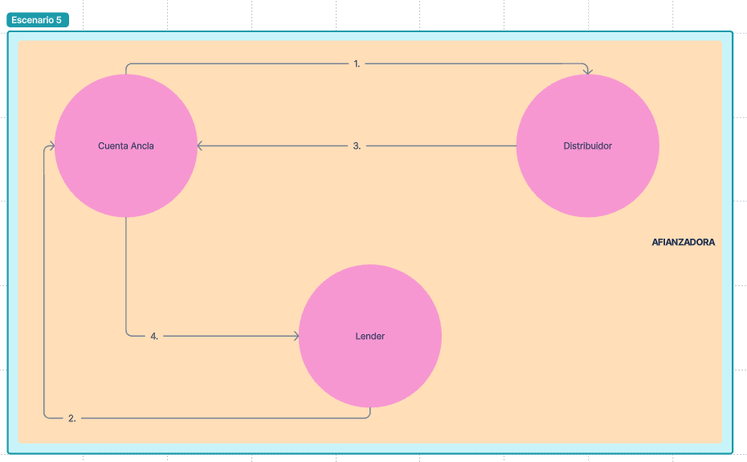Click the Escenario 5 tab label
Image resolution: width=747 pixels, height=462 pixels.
click(37, 20)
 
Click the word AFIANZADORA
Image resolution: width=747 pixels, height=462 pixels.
click(683, 242)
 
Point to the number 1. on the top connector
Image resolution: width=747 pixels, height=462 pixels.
click(357, 63)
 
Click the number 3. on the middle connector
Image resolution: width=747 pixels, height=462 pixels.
click(357, 146)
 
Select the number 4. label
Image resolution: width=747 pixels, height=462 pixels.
click(154, 336)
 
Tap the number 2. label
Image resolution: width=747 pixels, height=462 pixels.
click(72, 418)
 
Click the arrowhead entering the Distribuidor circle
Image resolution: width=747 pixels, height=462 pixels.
click(588, 72)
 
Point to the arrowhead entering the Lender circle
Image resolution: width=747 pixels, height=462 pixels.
click(295, 336)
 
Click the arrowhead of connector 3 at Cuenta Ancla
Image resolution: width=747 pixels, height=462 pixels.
click(201, 146)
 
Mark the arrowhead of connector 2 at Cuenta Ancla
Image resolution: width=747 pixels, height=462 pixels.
click(51, 146)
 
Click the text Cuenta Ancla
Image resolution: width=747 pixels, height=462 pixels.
click(126, 146)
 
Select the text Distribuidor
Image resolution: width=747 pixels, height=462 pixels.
click(587, 146)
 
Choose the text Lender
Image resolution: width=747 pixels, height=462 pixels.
click(369, 336)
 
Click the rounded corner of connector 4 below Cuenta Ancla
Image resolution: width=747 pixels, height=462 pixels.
click(128, 334)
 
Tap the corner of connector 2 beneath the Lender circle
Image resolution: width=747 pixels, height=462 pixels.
click(369, 416)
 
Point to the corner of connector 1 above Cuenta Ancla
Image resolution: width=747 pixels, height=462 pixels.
click(128, 65)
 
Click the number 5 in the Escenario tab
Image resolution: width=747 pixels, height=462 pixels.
click(59, 20)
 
